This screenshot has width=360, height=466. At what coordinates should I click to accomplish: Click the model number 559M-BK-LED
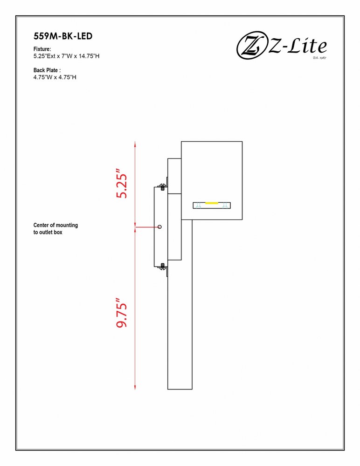click(x=63, y=36)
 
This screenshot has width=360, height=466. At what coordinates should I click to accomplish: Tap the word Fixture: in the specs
click(x=42, y=49)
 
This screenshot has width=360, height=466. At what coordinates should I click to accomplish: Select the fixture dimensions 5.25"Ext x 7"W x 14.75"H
click(x=66, y=56)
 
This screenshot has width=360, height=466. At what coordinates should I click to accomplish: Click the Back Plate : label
click(x=47, y=70)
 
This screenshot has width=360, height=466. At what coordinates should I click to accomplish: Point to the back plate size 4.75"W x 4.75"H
click(x=55, y=77)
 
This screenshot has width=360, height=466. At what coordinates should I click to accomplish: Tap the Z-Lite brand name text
click(x=298, y=46)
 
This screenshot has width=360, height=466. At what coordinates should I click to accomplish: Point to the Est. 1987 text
click(x=319, y=57)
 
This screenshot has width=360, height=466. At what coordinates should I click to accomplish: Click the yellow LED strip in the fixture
click(x=212, y=203)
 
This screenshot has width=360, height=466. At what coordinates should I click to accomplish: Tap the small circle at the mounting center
click(x=160, y=227)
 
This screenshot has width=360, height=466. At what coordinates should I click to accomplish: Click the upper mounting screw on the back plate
click(x=162, y=187)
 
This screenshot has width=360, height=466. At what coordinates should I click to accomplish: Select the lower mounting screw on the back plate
click(x=162, y=266)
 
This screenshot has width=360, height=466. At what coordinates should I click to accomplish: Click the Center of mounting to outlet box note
click(x=55, y=228)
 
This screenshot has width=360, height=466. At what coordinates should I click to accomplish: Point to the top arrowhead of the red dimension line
click(x=135, y=144)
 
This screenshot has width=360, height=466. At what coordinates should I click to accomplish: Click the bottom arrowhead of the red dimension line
click(x=135, y=386)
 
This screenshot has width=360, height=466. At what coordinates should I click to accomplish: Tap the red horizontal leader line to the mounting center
click(x=147, y=227)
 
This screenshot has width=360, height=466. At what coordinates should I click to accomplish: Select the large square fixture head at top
click(x=212, y=181)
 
